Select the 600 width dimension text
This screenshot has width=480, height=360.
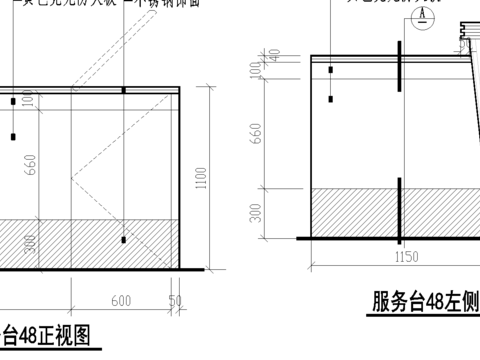point(120,300)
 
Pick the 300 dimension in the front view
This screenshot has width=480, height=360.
point(30,243)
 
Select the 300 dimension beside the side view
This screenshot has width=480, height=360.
point(256,211)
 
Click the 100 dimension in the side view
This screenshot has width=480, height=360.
point(256,72)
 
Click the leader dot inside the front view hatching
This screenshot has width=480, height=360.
point(123,240)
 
